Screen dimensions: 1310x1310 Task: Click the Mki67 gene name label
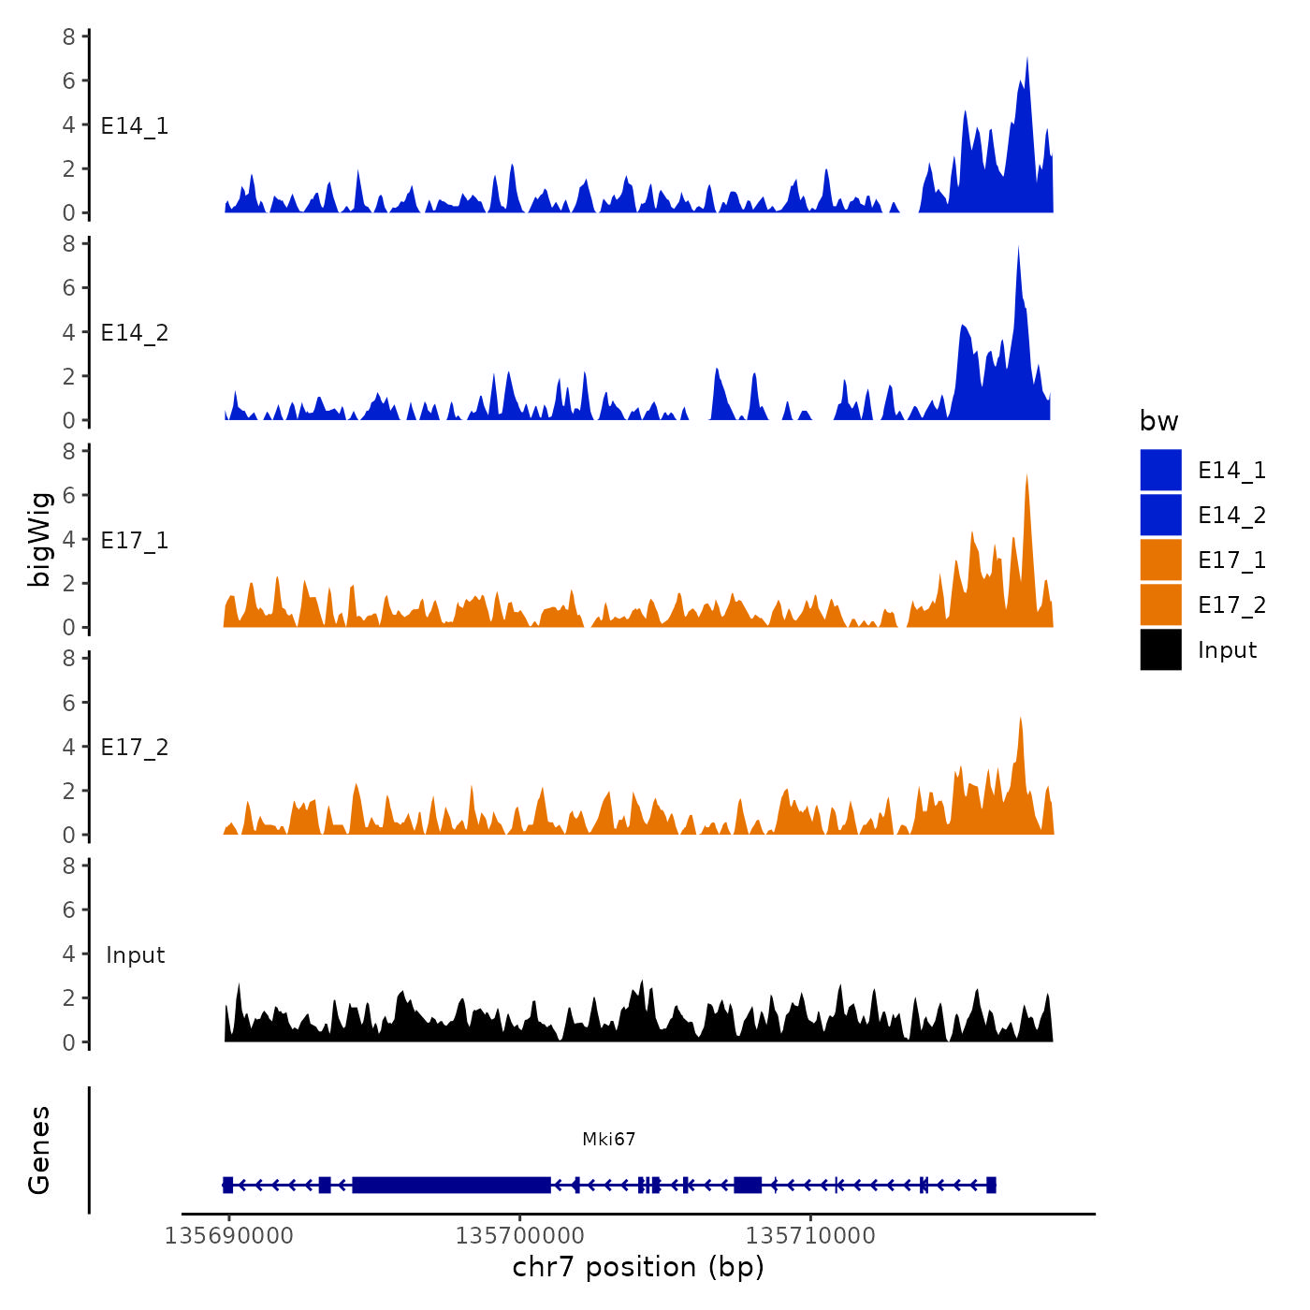point(608,1139)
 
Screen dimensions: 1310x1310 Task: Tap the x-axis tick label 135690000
point(228,1236)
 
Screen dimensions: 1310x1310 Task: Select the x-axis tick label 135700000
point(519,1236)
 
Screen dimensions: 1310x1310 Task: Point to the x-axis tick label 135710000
point(810,1236)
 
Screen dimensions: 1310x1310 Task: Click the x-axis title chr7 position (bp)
point(638,1268)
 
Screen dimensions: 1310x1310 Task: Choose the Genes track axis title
point(39,1150)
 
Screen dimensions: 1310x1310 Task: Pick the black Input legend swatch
point(1160,649)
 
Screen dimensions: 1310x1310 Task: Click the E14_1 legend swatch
point(1160,470)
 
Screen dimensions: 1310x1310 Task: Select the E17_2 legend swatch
point(1160,604)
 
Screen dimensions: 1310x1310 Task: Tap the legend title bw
point(1158,422)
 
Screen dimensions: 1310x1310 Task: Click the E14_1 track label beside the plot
point(135,126)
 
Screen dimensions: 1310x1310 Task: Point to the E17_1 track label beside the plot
point(135,541)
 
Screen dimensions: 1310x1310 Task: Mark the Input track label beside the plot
point(135,955)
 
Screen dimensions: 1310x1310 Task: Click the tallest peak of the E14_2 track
point(1018,249)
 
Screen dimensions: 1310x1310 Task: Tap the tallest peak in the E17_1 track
point(1026,477)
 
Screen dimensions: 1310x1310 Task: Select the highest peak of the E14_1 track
point(1026,60)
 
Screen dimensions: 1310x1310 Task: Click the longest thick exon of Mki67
point(451,1185)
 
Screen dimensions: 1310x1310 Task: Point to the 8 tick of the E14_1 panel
point(69,36)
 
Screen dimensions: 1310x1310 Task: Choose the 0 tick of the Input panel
point(69,1042)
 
